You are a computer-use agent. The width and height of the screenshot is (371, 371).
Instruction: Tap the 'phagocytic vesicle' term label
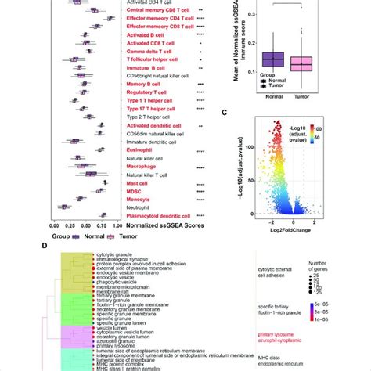(117, 281)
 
